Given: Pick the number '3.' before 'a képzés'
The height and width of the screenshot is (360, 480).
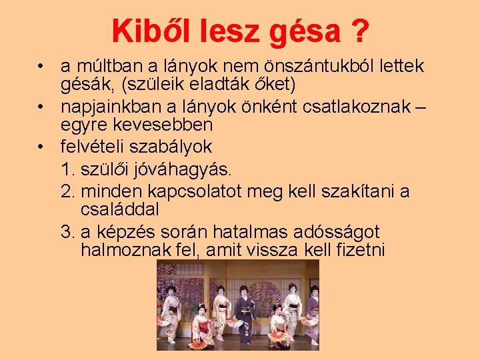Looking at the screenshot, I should click(x=67, y=232).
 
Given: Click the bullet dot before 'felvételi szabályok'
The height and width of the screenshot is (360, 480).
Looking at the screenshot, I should click(x=42, y=147).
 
